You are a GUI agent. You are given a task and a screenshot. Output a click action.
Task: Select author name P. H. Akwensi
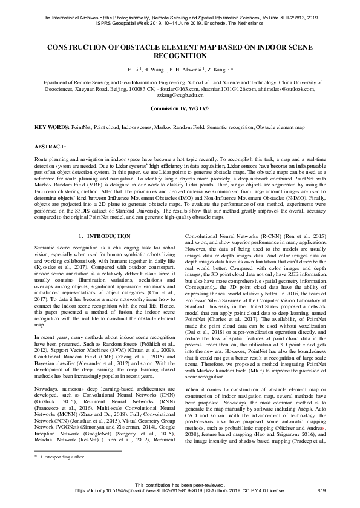185,70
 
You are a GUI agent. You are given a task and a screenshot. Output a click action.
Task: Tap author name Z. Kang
217,70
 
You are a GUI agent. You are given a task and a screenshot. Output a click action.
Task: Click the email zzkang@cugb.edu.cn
179,96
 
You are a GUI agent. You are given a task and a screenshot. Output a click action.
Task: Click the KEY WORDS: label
51,128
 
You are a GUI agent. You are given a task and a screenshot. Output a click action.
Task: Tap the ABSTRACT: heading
51,147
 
